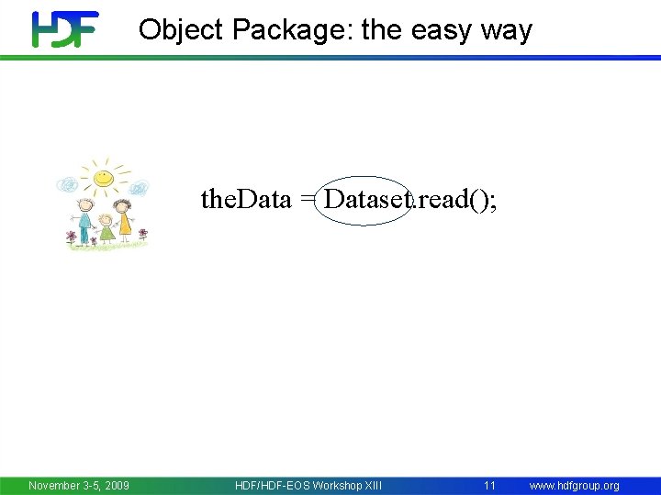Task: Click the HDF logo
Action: (x=65, y=29)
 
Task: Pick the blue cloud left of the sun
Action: (x=67, y=185)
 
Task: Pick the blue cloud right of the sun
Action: (x=138, y=189)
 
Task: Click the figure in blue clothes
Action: (x=84, y=221)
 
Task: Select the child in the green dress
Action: (x=106, y=228)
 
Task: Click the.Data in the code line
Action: (x=246, y=200)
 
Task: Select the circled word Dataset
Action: (x=365, y=200)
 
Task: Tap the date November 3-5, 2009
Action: (x=79, y=485)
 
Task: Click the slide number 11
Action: (x=489, y=485)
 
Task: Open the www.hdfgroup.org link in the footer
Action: (x=574, y=485)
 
